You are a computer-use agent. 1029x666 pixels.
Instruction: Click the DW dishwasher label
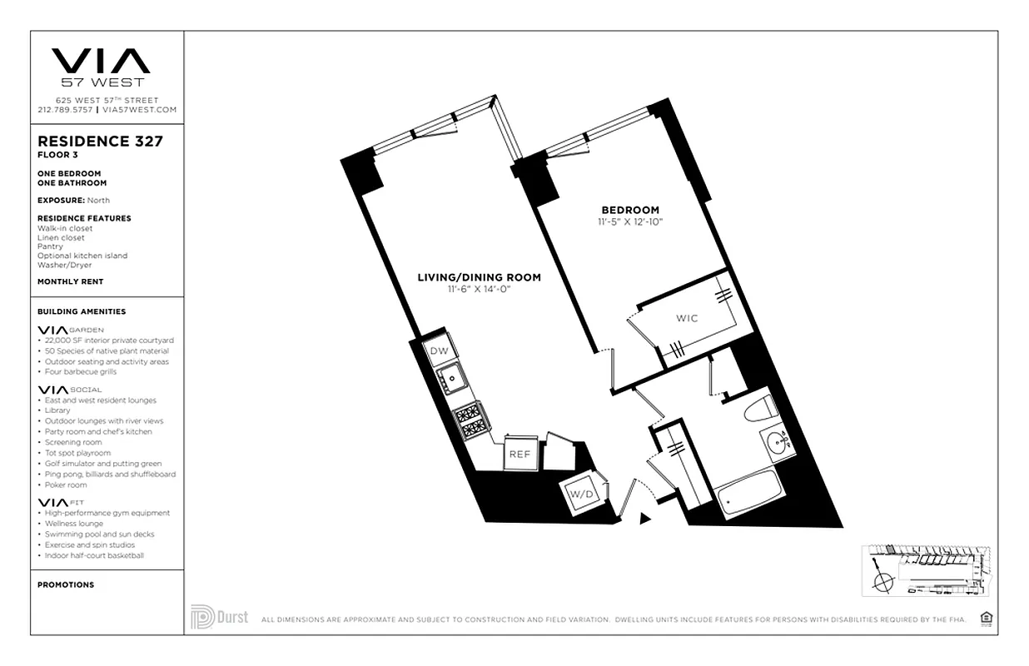[439, 351]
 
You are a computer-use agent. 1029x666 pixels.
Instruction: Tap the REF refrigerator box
[519, 454]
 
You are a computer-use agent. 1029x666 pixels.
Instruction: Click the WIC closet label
[687, 318]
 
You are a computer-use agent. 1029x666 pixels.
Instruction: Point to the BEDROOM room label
[630, 210]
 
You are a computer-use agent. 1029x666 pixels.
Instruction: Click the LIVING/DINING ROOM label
[479, 277]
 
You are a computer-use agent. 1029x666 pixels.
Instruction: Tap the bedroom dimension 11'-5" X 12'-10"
[629, 222]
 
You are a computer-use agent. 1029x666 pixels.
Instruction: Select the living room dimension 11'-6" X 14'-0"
[479, 289]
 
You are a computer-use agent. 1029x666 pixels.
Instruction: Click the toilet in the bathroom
[762, 408]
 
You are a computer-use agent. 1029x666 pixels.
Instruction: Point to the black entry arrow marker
[644, 519]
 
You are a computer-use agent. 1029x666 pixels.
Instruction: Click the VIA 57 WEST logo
[101, 67]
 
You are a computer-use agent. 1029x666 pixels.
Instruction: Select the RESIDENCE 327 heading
[100, 142]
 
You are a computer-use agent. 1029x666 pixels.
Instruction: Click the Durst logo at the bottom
[219, 617]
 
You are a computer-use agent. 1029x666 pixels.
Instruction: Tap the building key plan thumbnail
[927, 573]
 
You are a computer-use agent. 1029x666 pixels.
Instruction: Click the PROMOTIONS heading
[66, 584]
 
